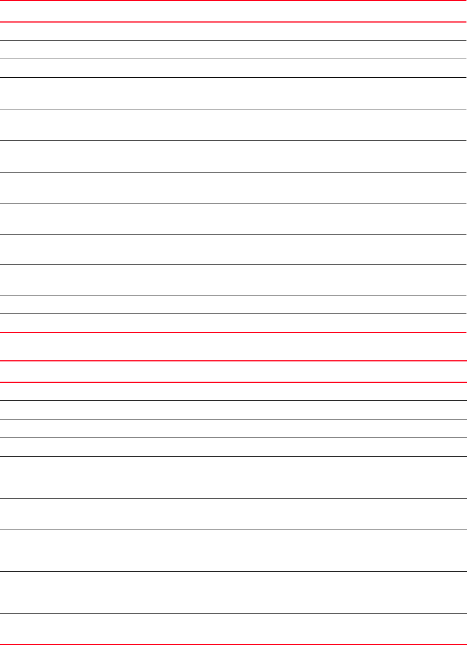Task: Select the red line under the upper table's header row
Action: [233, 22]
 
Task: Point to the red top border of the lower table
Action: [233, 361]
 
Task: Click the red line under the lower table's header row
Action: [233, 382]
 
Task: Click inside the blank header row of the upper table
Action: [233, 11]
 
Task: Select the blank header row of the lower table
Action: [233, 372]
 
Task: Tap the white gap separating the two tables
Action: [233, 347]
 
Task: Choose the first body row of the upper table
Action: [233, 31]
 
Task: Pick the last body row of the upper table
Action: [233, 323]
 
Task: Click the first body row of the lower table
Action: [233, 391]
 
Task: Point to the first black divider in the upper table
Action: [233, 40]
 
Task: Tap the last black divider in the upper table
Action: [233, 313]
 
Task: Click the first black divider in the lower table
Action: [233, 400]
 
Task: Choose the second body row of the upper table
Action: [233, 50]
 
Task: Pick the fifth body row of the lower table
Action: [233, 477]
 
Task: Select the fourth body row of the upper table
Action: [233, 93]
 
